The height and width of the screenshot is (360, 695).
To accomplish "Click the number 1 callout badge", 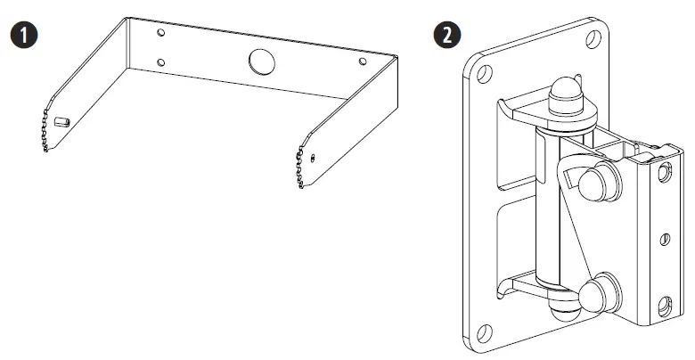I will click(19, 36).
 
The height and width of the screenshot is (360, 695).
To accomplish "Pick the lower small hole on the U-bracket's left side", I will click(160, 62).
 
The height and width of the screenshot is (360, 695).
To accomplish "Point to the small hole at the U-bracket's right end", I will click(362, 61).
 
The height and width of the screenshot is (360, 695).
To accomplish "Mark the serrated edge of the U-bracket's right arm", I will click(298, 169).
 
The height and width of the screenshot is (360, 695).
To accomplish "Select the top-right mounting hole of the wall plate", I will click(591, 38).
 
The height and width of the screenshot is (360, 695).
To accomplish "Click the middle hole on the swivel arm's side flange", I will click(665, 239).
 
